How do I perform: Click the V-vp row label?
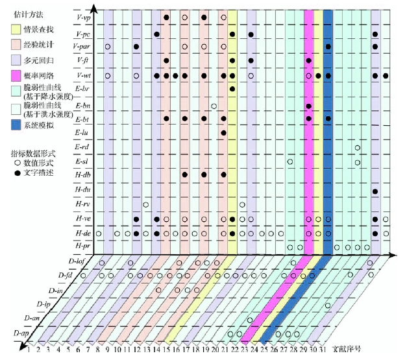pyautogui.click(x=83, y=18)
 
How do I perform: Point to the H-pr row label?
pyautogui.click(x=82, y=247)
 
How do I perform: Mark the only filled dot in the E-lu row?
pyautogui.click(x=223, y=133)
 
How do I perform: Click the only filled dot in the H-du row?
pyautogui.click(x=375, y=190)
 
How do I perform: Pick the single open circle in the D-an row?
pyautogui.click(x=250, y=320)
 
